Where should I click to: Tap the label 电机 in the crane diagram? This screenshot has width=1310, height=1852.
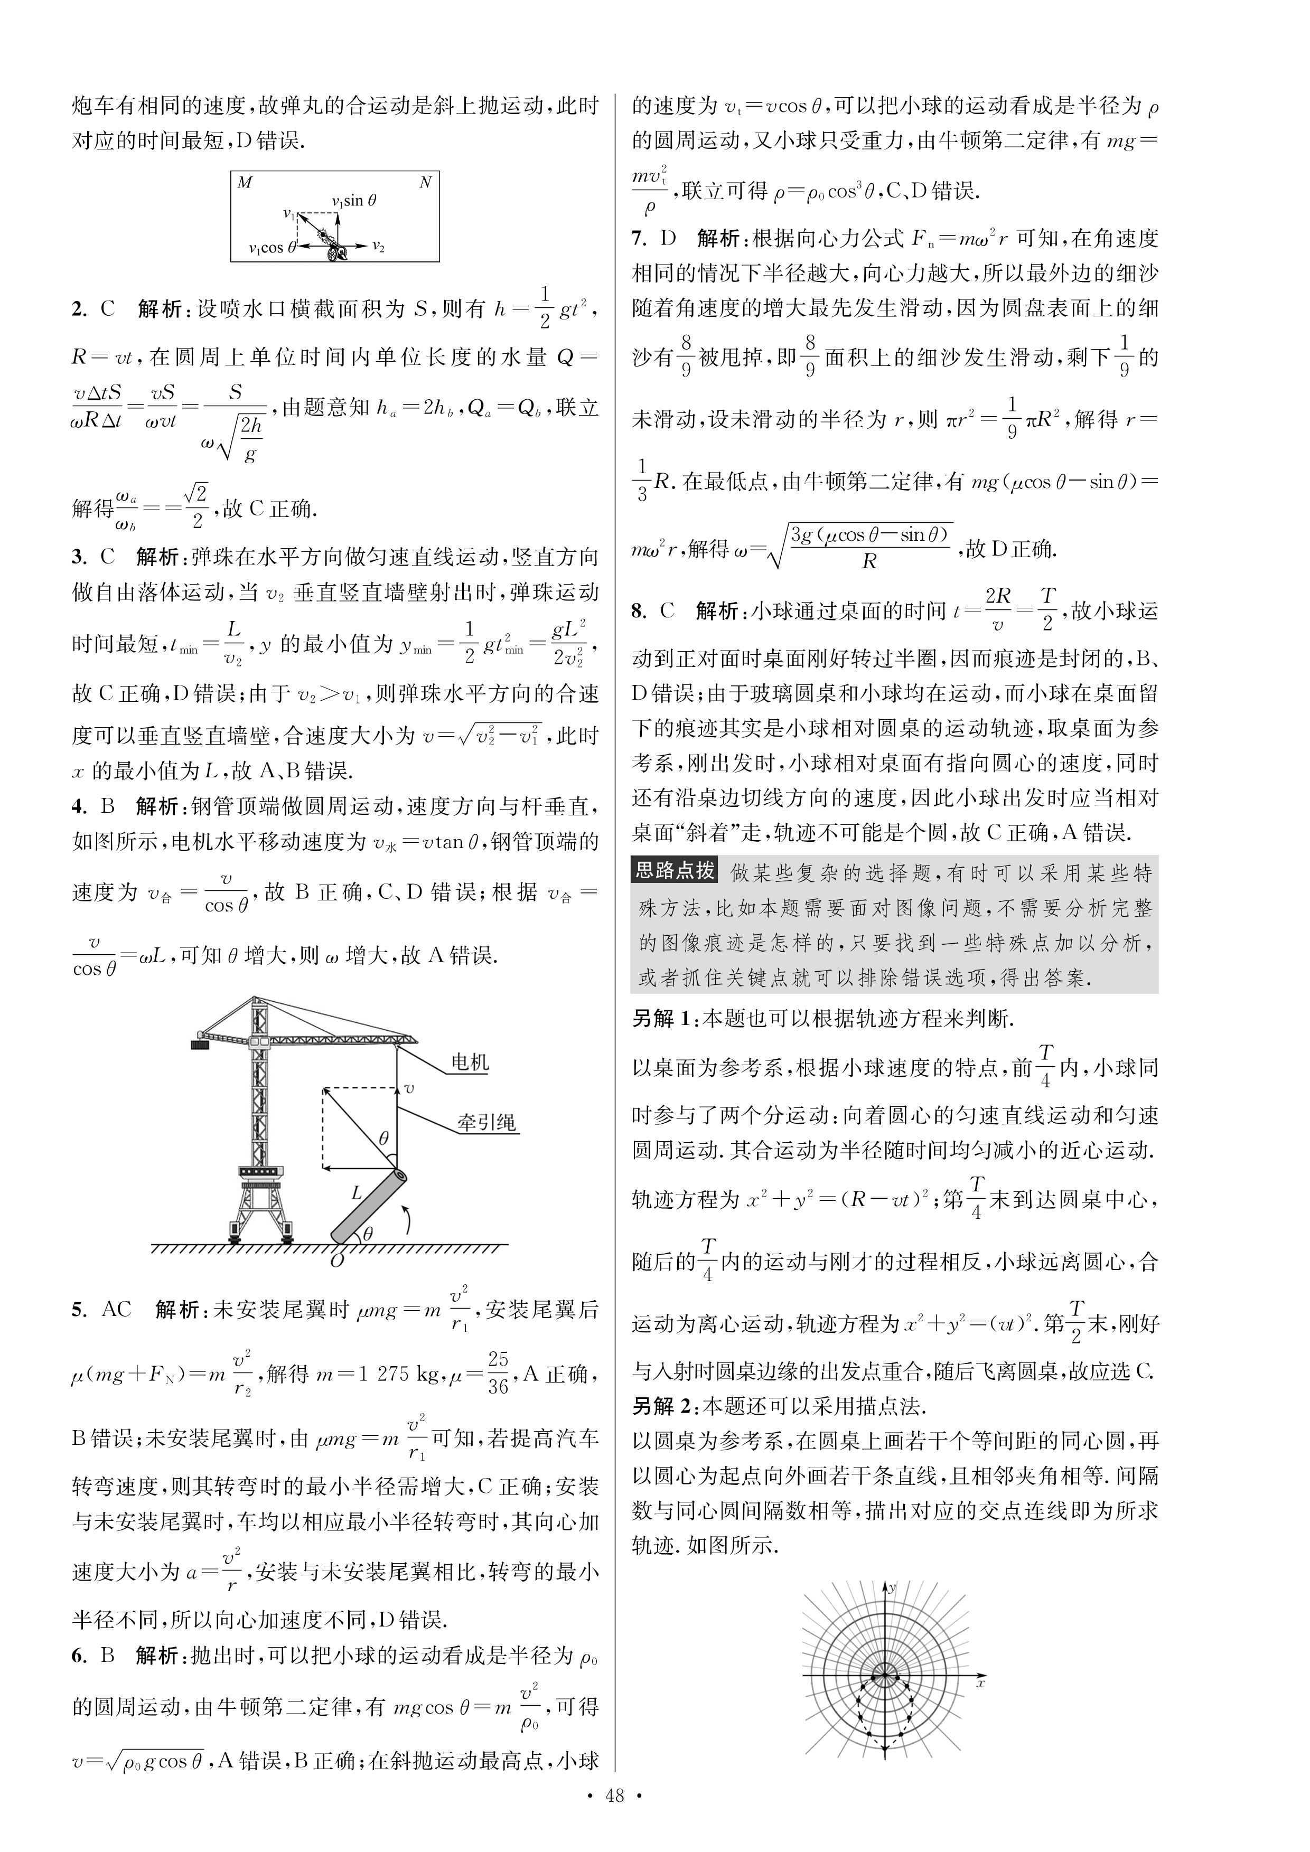pyautogui.click(x=470, y=1063)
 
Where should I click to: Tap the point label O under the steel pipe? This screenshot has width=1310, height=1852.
pyautogui.click(x=337, y=1260)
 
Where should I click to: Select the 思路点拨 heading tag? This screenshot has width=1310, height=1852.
pyautogui.click(x=675, y=870)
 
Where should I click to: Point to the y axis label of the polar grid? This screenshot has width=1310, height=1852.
pyautogui.click(x=892, y=1587)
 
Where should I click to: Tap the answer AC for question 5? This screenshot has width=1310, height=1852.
pyautogui.click(x=116, y=1309)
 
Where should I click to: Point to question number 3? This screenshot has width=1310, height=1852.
pyautogui.click(x=80, y=557)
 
